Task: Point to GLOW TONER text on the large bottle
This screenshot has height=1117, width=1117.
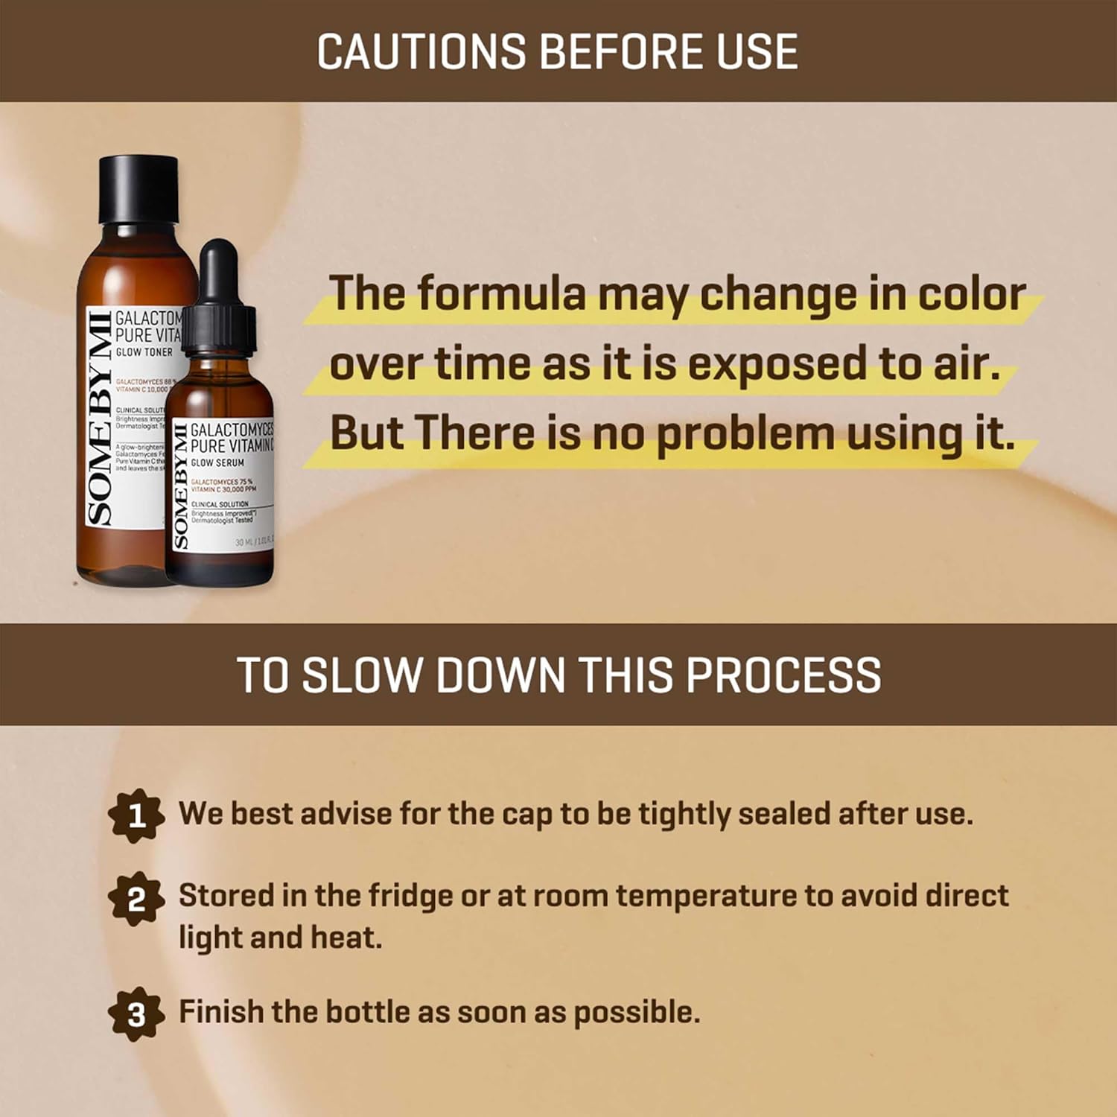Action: [x=144, y=352]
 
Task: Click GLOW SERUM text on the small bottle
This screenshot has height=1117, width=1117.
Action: [x=217, y=462]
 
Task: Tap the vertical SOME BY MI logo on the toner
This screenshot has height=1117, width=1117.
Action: [x=100, y=417]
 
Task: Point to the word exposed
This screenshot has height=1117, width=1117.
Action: [x=777, y=364]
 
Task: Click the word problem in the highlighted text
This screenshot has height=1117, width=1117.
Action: [x=745, y=433]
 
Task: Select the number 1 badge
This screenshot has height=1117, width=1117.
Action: [x=136, y=816]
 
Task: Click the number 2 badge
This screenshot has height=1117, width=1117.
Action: [x=136, y=900]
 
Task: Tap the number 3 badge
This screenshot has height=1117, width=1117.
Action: [x=136, y=1013]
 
